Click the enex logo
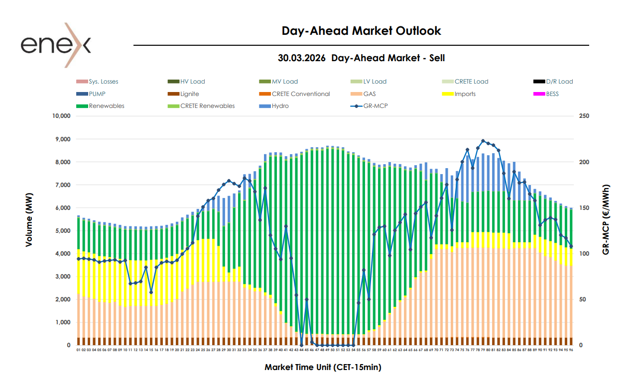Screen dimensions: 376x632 (56, 45)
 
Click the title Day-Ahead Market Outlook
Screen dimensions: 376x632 (361, 31)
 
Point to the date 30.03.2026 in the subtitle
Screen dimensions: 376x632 (302, 58)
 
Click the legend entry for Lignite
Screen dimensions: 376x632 (189, 94)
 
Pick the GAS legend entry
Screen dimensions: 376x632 (369, 94)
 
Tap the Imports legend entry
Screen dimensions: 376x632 (465, 94)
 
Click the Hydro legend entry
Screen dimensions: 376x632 (280, 106)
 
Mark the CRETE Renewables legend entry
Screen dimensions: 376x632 (207, 106)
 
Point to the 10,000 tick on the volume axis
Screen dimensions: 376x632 (61, 116)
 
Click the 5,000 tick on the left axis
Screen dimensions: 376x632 (63, 231)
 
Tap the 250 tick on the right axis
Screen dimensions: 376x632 (584, 116)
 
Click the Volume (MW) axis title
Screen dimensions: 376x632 (29, 219)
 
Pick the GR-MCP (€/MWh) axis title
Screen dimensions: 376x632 (606, 219)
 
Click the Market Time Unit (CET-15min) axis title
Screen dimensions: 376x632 (323, 367)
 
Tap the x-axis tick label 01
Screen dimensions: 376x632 (79, 350)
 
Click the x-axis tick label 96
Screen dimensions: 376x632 (571, 350)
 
